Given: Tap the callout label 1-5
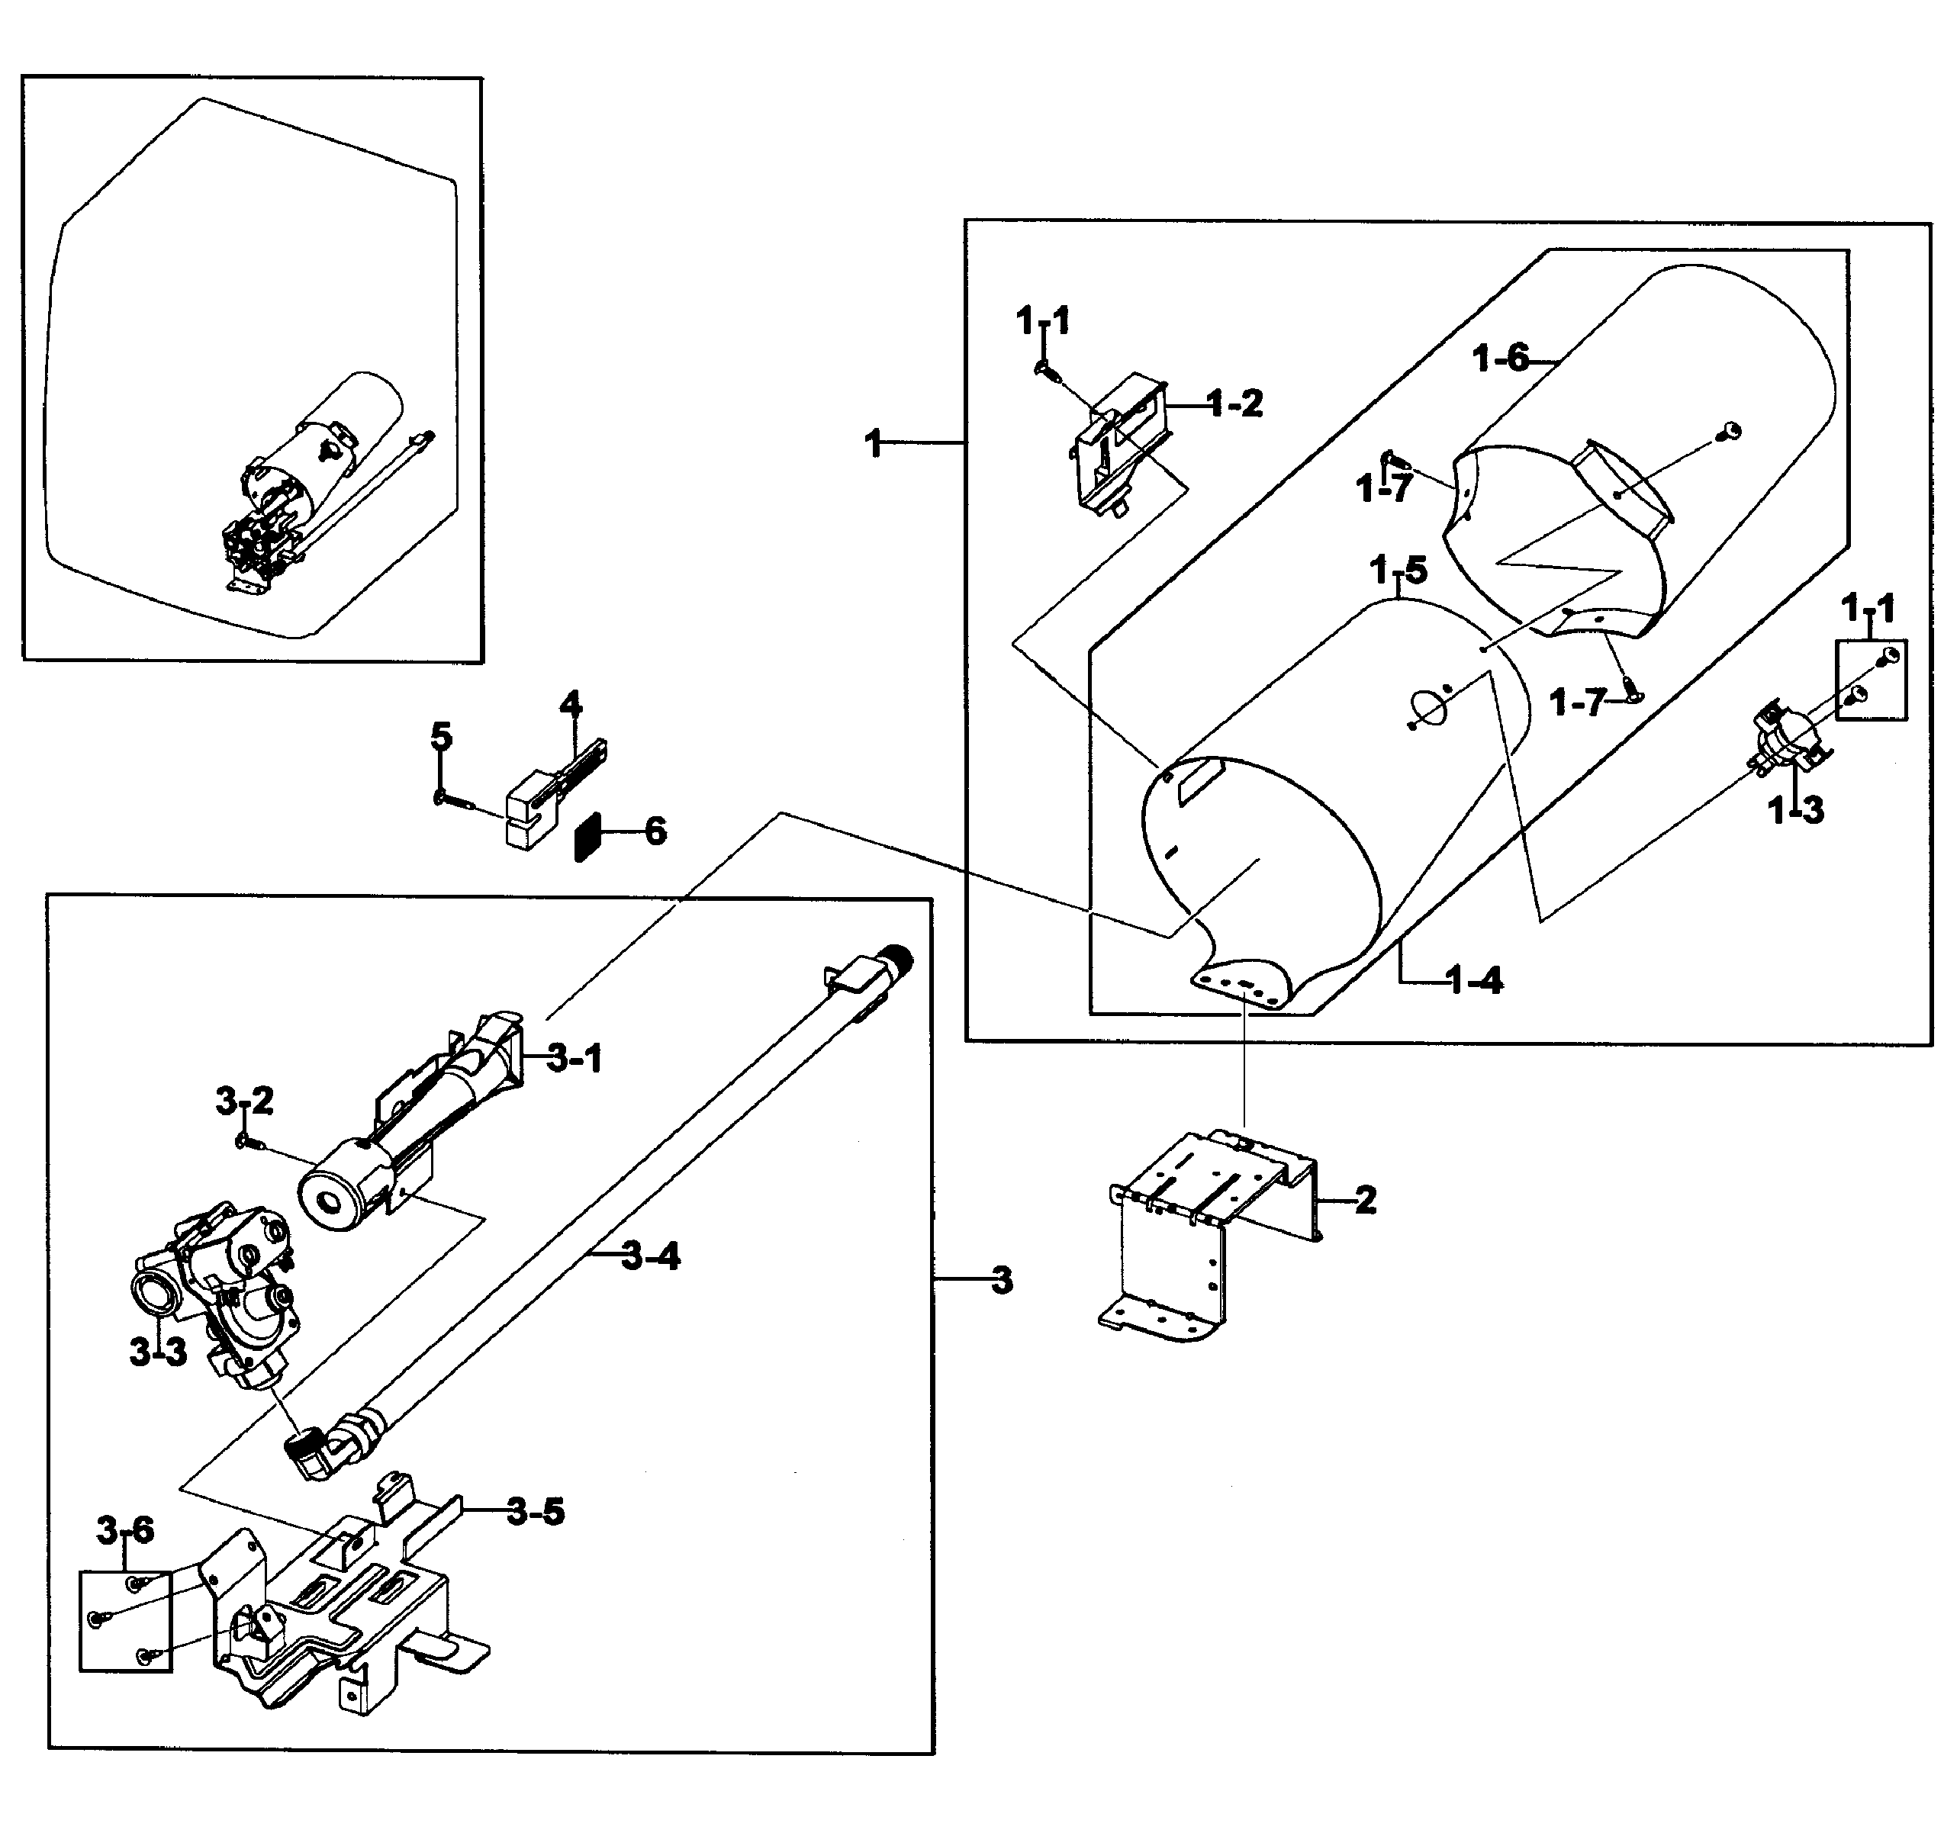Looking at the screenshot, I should (1398, 570).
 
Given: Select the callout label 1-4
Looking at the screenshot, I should (1474, 979).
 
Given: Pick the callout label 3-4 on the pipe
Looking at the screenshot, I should (650, 1256).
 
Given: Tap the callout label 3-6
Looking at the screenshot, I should (124, 1530).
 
